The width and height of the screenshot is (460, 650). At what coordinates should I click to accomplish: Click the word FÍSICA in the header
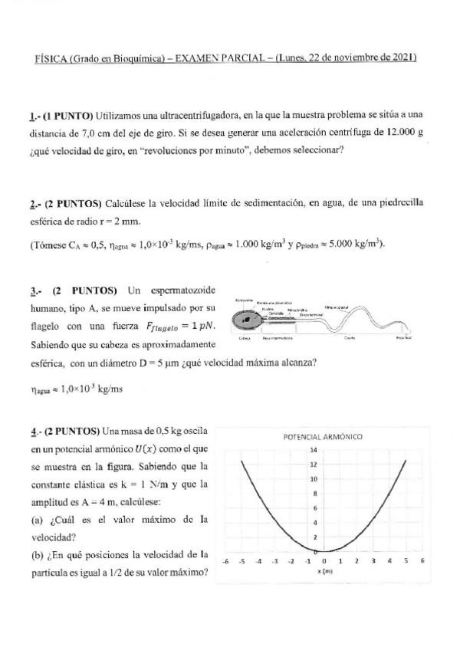52,57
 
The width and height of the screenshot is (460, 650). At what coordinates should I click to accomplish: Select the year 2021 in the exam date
403,57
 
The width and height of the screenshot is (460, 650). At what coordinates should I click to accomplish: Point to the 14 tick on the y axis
314,451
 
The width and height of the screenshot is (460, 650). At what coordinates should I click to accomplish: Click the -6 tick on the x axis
225,561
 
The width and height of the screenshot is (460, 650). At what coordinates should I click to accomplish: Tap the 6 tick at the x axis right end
422,561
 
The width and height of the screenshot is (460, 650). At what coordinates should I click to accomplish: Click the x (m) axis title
324,571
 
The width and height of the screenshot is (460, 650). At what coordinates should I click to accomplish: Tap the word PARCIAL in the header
245,57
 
